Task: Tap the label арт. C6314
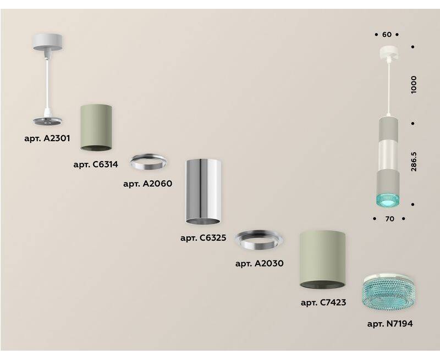96,164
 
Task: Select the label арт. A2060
148,184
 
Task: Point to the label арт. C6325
203,238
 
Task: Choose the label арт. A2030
260,263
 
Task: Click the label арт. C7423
323,302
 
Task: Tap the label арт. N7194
390,324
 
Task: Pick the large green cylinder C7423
322,259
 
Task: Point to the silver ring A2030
258,240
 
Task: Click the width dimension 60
387,35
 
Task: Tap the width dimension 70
389,219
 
